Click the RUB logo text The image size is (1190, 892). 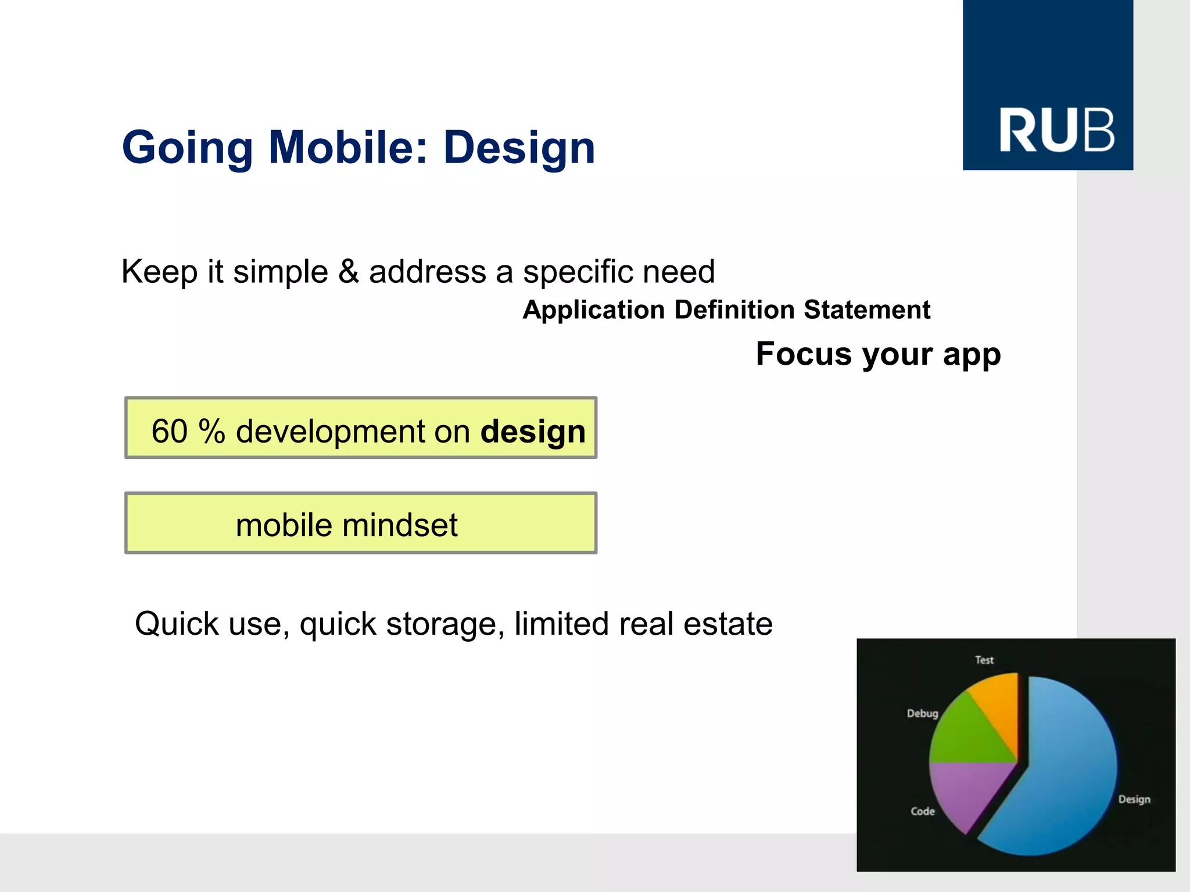(1056, 131)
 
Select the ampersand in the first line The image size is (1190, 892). (348, 272)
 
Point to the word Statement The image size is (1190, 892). (867, 310)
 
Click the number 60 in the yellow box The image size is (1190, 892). (169, 431)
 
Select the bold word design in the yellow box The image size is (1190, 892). (533, 432)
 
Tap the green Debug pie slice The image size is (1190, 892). (965, 738)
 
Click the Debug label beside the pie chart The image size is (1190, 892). (922, 713)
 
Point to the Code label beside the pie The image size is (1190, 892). (922, 811)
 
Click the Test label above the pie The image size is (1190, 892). (984, 660)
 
